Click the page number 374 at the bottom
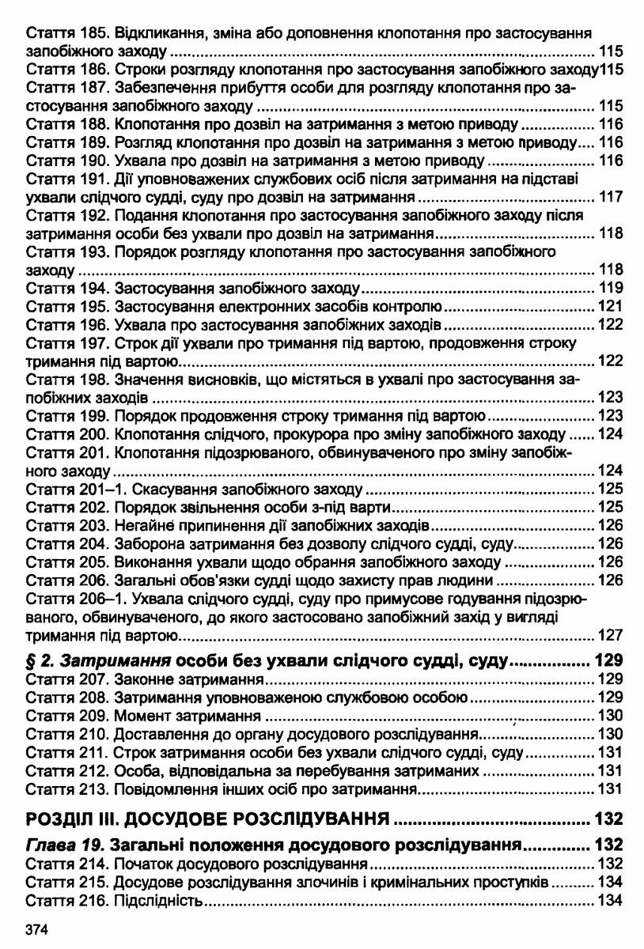pyautogui.click(x=37, y=930)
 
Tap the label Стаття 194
pyautogui.click(x=68, y=288)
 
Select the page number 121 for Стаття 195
pyautogui.click(x=610, y=306)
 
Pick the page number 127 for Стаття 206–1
pyautogui.click(x=610, y=635)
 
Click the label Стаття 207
pyautogui.click(x=68, y=679)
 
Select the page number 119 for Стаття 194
pyautogui.click(x=610, y=288)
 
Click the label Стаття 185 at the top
pyautogui.click(x=68, y=34)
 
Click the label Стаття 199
pyautogui.click(x=68, y=416)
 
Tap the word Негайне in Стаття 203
pyautogui.click(x=144, y=525)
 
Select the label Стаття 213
pyautogui.click(x=68, y=789)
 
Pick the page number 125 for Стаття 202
pyautogui.click(x=610, y=507)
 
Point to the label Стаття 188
pyautogui.click(x=68, y=124)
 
